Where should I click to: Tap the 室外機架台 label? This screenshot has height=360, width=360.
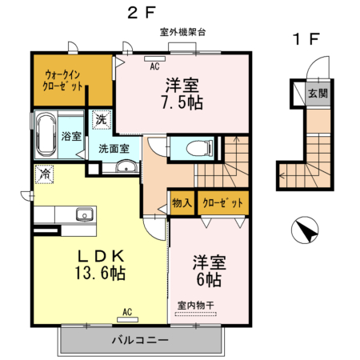182,33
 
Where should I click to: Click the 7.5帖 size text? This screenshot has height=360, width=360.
182,102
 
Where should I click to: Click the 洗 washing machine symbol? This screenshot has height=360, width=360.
102,118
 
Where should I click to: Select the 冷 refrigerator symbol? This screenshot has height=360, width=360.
44,173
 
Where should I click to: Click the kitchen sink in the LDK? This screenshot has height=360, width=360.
83,214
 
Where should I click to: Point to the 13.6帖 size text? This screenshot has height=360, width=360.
100,273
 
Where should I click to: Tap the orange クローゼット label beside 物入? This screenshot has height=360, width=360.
222,203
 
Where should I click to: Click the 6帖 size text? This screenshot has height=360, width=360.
207,280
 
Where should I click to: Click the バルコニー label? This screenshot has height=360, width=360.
139,340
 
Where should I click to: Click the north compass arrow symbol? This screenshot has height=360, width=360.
304,231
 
